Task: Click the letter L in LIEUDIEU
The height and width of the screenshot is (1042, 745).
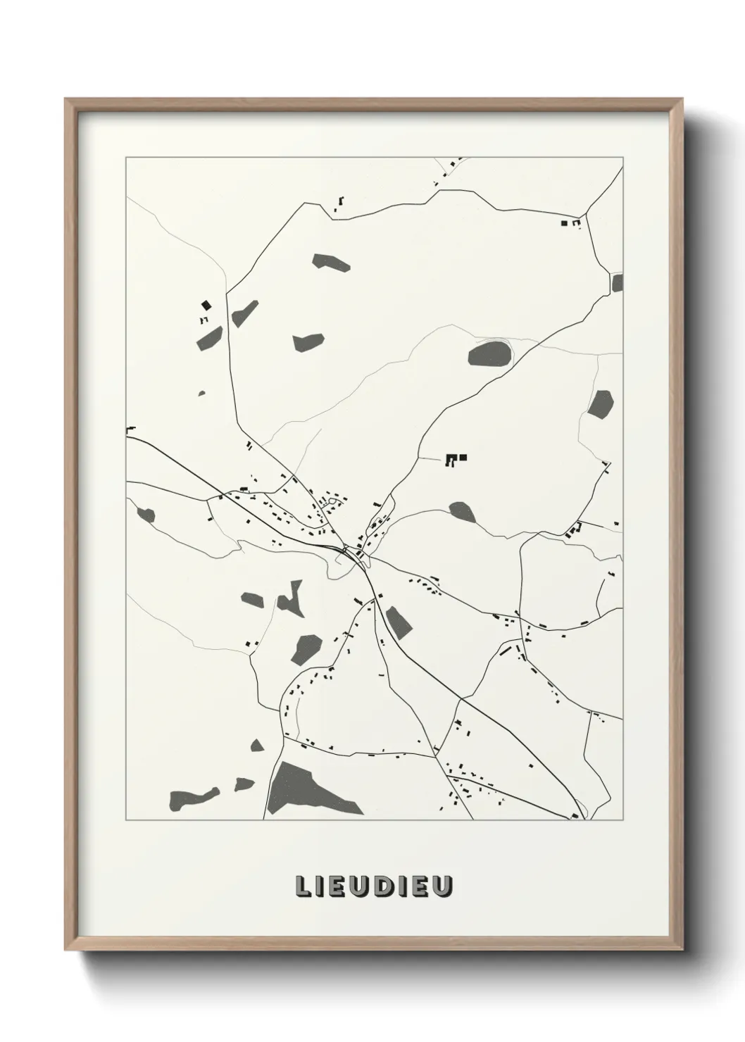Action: pos(303,887)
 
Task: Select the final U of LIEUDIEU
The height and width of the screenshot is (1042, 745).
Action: pos(442,887)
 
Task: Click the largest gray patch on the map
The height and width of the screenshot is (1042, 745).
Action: pos(306,789)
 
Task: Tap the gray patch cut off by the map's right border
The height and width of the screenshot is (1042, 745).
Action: pos(618,283)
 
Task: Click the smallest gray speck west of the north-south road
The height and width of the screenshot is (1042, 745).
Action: pos(202,394)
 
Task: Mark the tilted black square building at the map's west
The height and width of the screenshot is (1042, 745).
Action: pos(206,305)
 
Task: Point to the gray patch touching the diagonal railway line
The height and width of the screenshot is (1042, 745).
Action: pos(397,621)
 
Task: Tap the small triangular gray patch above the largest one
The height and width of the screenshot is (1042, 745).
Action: pos(257,745)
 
